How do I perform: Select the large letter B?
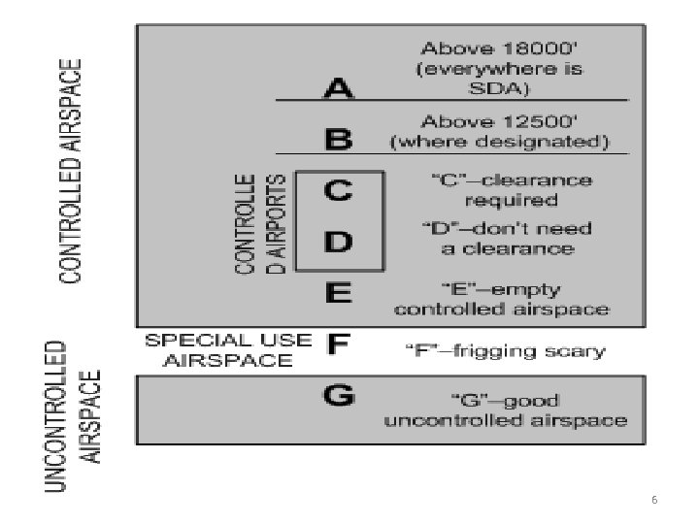pos(338,139)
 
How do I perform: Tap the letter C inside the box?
pos(339,192)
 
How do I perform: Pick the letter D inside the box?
pos(339,243)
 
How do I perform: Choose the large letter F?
pos(339,344)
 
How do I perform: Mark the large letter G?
pos(339,397)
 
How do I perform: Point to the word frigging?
pos(503,351)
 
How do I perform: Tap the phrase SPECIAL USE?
pos(228,341)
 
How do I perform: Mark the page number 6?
pos(653,500)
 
